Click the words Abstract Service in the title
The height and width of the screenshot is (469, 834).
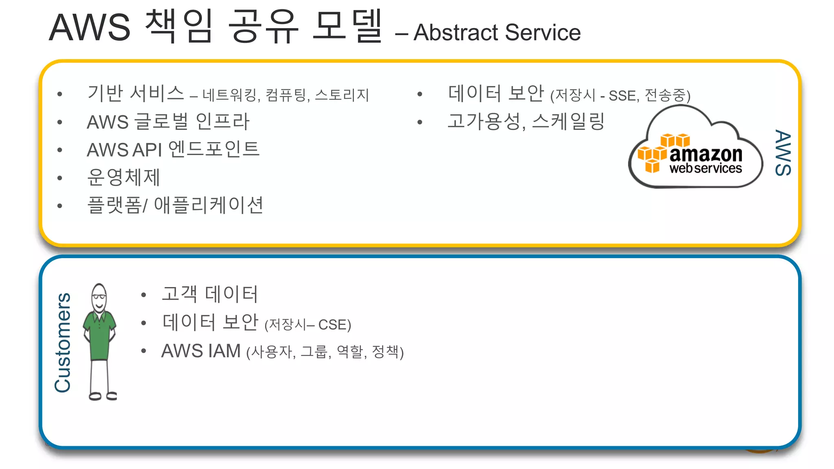497,33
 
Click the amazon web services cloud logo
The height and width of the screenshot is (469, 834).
696,151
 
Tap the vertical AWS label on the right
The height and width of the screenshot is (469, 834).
783,153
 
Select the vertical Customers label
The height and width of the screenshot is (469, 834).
63,342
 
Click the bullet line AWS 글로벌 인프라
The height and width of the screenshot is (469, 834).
168,121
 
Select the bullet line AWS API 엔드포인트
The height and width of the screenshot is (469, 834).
173,149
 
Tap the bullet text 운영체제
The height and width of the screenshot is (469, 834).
124,177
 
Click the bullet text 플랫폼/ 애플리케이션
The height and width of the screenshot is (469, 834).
175,205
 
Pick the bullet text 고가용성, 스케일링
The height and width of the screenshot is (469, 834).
526,121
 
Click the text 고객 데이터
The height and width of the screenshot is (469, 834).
210,294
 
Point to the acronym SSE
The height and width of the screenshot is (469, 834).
622,96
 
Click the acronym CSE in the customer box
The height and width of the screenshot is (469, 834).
332,325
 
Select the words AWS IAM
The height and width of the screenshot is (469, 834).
201,351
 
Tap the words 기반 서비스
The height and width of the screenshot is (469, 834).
136,93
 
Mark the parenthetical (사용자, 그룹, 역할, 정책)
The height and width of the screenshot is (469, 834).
325,352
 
